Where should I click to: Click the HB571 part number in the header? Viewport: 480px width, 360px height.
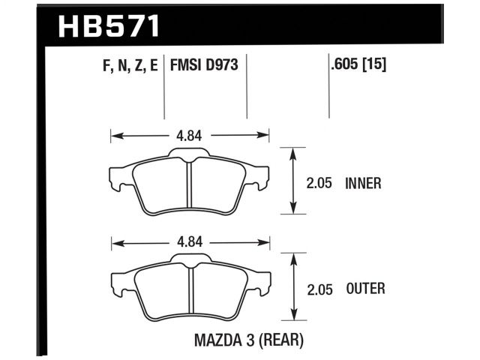(x=109, y=25)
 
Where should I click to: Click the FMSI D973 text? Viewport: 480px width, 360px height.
(x=204, y=66)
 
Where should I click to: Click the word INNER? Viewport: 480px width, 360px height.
(x=364, y=182)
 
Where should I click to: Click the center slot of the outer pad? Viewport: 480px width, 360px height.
(x=190, y=291)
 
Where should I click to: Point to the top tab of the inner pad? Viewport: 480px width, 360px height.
(x=190, y=154)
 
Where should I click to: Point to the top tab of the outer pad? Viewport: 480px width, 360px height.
(x=190, y=259)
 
